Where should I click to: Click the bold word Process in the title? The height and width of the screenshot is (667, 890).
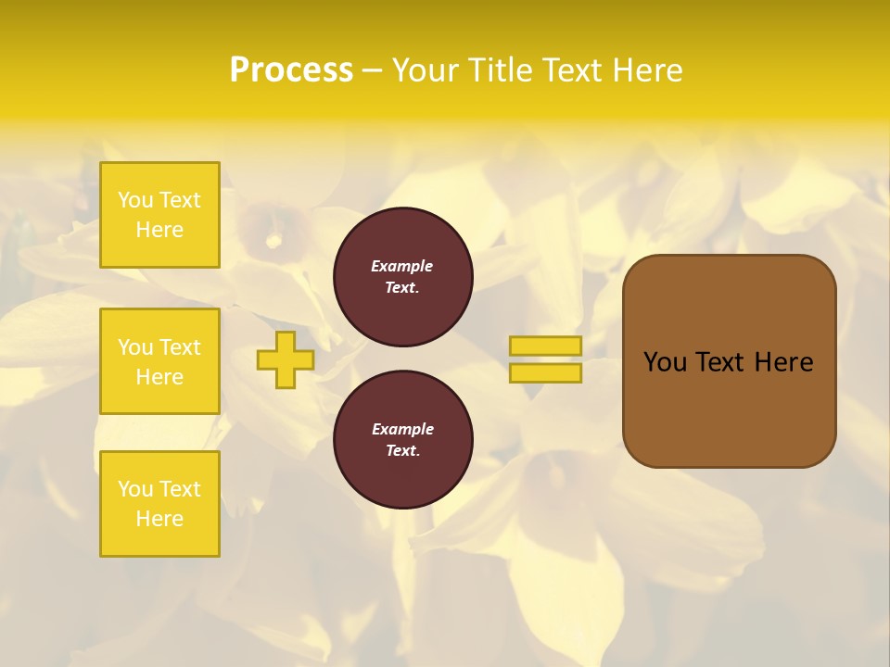click(x=291, y=70)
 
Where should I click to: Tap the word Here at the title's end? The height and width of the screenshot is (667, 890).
click(x=647, y=70)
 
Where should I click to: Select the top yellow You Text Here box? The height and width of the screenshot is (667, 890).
click(x=159, y=215)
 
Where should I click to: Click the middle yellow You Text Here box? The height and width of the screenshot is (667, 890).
click(x=159, y=361)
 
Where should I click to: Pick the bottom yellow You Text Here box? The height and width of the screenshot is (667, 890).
click(x=159, y=504)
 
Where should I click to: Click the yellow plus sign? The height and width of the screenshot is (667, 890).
click(x=286, y=359)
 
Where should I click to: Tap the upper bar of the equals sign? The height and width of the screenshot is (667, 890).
click(x=545, y=346)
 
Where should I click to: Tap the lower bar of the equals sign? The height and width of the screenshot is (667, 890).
click(x=545, y=373)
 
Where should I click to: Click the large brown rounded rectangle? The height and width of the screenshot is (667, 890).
click(x=730, y=417)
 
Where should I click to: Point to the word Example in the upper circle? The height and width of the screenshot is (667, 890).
click(x=402, y=266)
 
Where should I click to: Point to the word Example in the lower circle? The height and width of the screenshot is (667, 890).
click(x=402, y=429)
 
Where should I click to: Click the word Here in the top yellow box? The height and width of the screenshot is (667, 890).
click(x=159, y=230)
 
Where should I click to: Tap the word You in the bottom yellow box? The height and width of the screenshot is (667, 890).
click(x=135, y=489)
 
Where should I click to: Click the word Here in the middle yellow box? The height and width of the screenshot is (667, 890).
click(x=159, y=377)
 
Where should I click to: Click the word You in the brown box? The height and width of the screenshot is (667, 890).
click(x=665, y=362)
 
